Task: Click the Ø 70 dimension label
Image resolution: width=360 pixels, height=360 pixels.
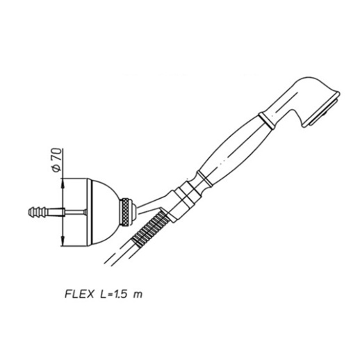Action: pyautogui.click(x=57, y=160)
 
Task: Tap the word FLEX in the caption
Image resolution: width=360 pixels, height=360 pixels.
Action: pyautogui.click(x=79, y=294)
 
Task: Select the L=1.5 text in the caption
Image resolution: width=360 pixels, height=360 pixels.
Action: pyautogui.click(x=114, y=294)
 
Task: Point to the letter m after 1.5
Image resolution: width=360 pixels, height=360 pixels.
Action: pyautogui.click(x=138, y=295)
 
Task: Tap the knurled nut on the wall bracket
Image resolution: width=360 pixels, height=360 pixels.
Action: pyautogui.click(x=126, y=212)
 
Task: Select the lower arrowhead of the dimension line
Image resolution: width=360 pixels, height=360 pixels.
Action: pyautogui.click(x=63, y=241)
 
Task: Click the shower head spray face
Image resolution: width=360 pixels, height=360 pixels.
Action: pyautogui.click(x=324, y=112)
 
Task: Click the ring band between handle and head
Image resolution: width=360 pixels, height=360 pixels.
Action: pyautogui.click(x=267, y=120)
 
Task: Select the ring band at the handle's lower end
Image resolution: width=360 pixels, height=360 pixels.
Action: pyautogui.click(x=204, y=179)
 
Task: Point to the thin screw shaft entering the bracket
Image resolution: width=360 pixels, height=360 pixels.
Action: pyautogui.click(x=75, y=212)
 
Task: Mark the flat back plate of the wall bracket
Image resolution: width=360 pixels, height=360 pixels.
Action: pyautogui.click(x=90, y=212)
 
